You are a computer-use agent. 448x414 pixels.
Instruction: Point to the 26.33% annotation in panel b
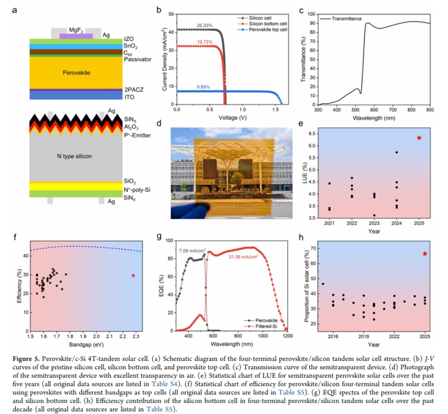pyautogui.click(x=203, y=25)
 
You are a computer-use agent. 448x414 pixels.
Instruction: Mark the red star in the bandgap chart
pyautogui.click(x=133, y=275)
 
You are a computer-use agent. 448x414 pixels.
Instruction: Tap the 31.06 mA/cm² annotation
pyautogui.click(x=243, y=257)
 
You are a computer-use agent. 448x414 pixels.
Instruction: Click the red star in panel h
pyautogui.click(x=425, y=254)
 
